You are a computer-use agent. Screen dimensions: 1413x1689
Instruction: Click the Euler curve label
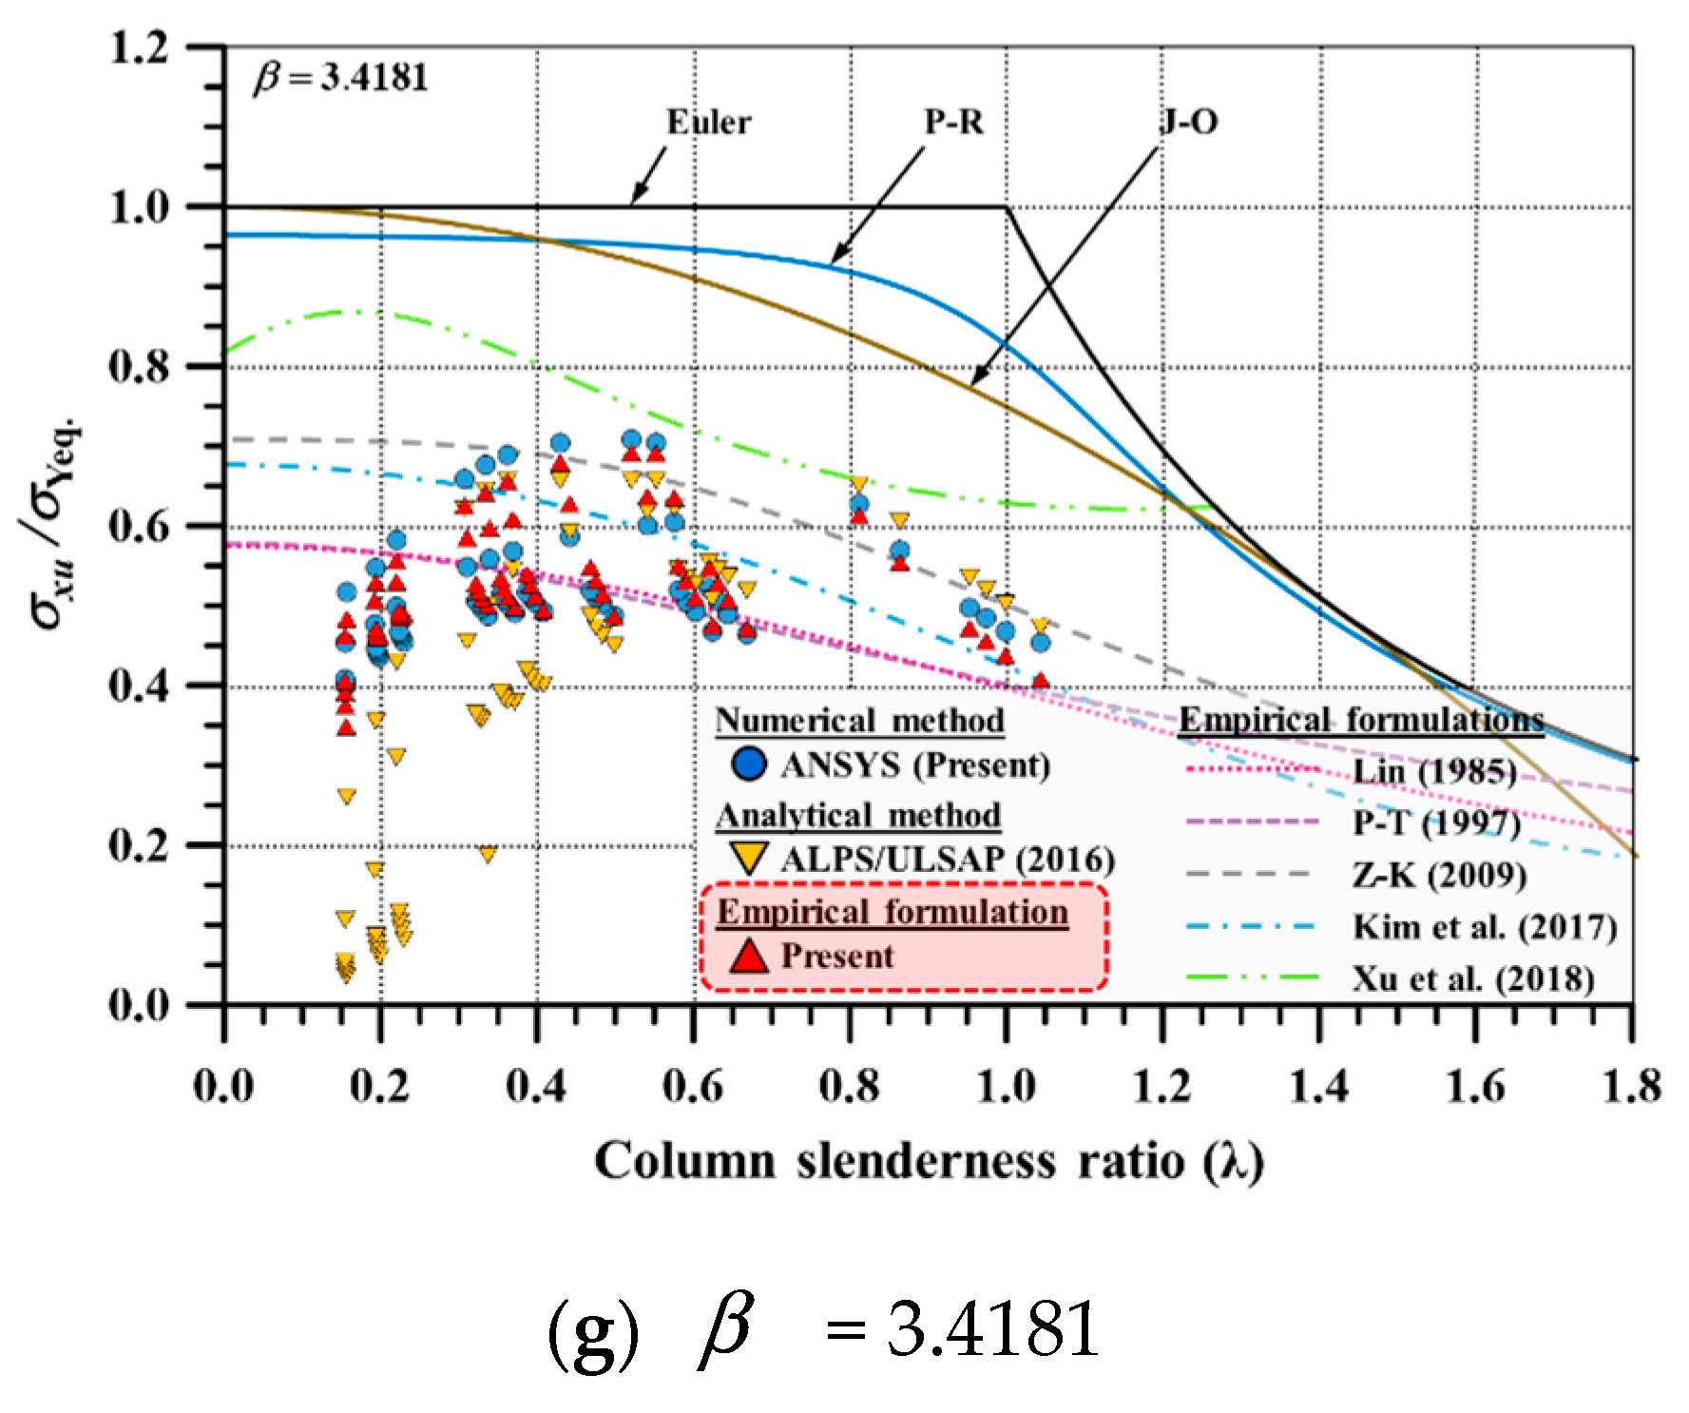click(x=708, y=123)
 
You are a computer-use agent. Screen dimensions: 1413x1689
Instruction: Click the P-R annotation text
click(x=953, y=123)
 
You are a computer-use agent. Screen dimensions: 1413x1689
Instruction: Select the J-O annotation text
click(x=1188, y=123)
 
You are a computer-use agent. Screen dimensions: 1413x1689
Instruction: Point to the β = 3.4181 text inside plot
click(x=341, y=78)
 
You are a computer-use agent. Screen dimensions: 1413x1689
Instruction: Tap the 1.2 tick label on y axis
click(x=140, y=48)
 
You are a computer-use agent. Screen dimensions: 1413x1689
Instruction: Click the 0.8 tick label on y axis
click(x=140, y=367)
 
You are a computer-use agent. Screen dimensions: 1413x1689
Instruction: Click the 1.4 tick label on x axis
click(x=1319, y=1086)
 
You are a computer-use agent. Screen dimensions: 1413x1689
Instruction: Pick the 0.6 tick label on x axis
click(x=693, y=1086)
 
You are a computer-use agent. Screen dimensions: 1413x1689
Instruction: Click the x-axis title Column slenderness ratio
click(x=929, y=1162)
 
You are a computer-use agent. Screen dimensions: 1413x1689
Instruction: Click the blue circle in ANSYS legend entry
click(x=749, y=764)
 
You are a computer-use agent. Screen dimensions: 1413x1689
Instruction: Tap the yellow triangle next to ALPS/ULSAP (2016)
click(x=749, y=859)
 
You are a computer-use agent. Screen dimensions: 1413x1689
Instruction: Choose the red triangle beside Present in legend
click(x=749, y=956)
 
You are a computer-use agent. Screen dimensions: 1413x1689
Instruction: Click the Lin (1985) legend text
click(x=1434, y=771)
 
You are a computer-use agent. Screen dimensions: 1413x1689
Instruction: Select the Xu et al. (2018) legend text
click(x=1473, y=978)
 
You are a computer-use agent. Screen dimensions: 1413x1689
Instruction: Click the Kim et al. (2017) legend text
click(x=1485, y=926)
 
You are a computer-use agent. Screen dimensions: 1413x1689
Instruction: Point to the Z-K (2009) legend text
click(x=1440, y=875)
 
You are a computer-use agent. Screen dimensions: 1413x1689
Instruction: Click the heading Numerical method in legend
click(x=859, y=721)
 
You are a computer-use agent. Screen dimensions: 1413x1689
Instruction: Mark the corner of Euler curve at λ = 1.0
click(x=1007, y=207)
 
